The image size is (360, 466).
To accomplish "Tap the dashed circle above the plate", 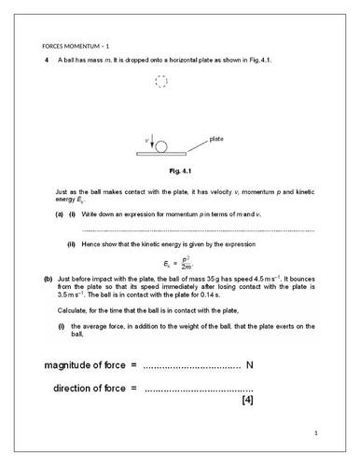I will pyautogui.click(x=161, y=81).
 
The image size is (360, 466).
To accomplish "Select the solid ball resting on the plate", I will pyautogui.click(x=161, y=147).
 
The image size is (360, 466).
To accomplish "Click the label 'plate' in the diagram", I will pyautogui.click(x=215, y=138).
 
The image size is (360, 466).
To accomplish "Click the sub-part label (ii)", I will pyautogui.click(x=71, y=244).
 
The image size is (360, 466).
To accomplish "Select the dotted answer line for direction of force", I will pyautogui.click(x=199, y=388).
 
